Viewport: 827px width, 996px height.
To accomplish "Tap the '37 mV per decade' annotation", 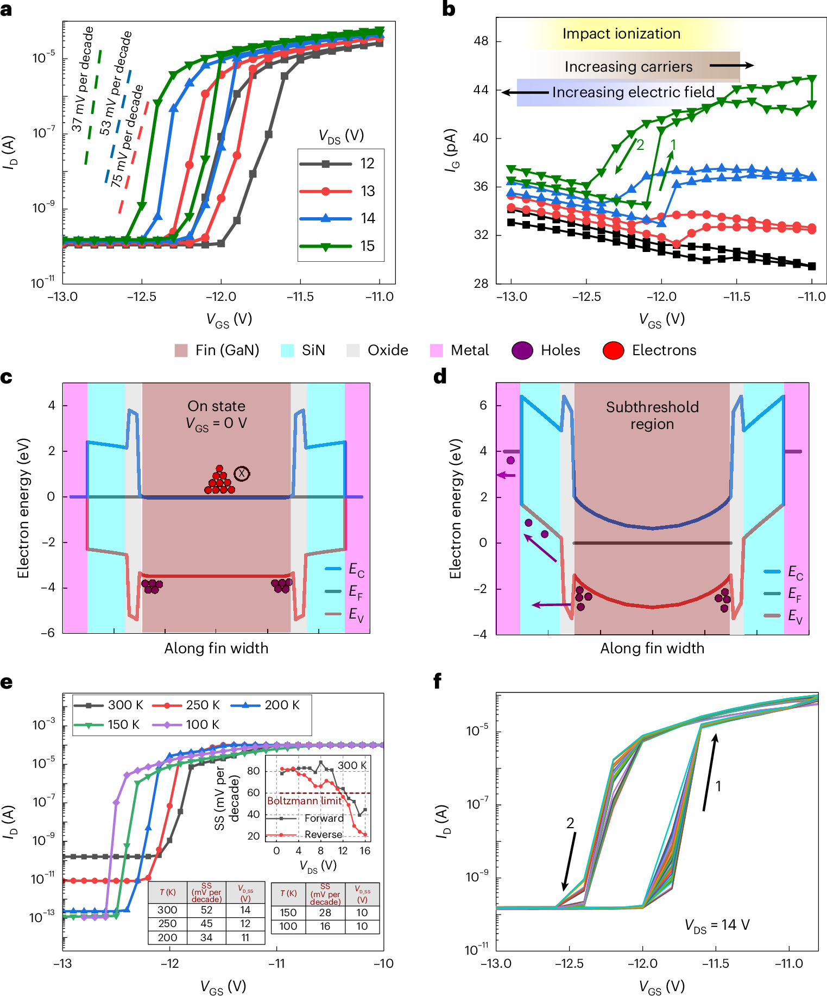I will click(83, 79).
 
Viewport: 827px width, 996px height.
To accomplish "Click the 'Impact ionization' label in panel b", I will click(621, 34).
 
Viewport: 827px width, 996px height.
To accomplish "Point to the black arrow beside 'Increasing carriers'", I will click(731, 66).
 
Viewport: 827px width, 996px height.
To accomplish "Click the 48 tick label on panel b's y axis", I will click(481, 41).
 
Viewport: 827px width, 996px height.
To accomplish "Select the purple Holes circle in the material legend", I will click(522, 350).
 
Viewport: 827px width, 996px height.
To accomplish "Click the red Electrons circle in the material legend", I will click(613, 350).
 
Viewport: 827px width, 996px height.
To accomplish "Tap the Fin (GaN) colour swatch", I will click(181, 350).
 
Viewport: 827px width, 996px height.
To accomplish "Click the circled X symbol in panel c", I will click(242, 474).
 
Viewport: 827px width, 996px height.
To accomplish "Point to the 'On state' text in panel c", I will click(216, 406).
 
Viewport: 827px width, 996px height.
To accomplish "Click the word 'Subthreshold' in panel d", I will click(652, 407).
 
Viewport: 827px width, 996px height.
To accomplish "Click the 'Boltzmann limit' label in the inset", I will click(304, 801).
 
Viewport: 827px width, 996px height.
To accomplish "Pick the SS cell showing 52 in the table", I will click(206, 910).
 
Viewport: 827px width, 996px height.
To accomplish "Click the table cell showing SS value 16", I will click(325, 926).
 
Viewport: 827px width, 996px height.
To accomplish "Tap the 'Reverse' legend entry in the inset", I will click(323, 835).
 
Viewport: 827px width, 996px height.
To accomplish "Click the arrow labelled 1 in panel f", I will click(710, 772).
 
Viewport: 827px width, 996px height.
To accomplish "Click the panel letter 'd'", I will click(440, 376).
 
